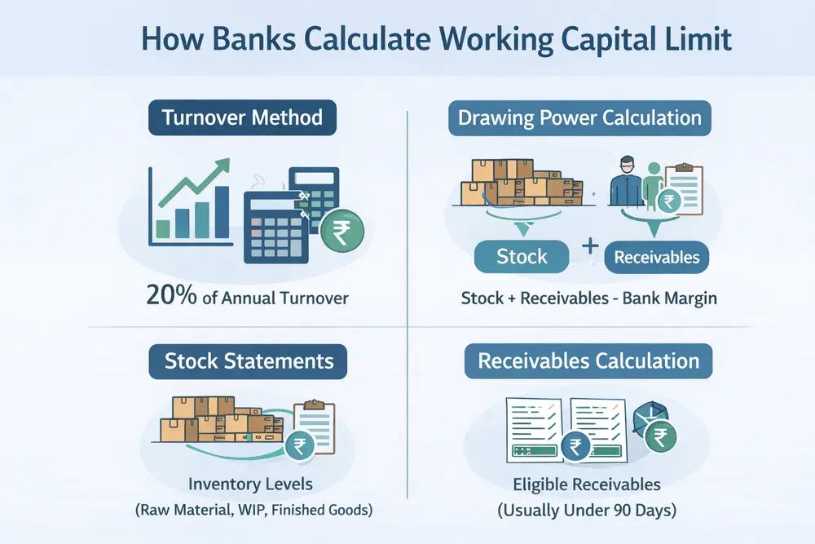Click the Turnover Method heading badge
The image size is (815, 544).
click(242, 117)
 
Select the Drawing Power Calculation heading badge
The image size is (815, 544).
click(579, 118)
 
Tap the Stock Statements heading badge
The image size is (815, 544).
click(248, 361)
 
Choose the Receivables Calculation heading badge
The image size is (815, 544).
click(588, 361)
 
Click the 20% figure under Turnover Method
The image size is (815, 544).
click(171, 295)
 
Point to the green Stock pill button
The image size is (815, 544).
click(522, 256)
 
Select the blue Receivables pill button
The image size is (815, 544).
click(656, 257)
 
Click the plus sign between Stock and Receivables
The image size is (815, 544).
click(590, 245)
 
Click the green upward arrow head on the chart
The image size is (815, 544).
click(222, 166)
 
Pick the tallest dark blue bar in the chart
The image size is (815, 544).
click(222, 212)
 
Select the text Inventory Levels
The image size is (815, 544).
click(250, 484)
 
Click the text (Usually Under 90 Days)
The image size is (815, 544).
click(587, 511)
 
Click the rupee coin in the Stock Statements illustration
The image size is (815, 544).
click(300, 445)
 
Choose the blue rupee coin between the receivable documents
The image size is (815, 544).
click(575, 446)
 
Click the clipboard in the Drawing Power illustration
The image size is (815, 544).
click(684, 188)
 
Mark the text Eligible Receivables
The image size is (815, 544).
click(587, 484)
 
